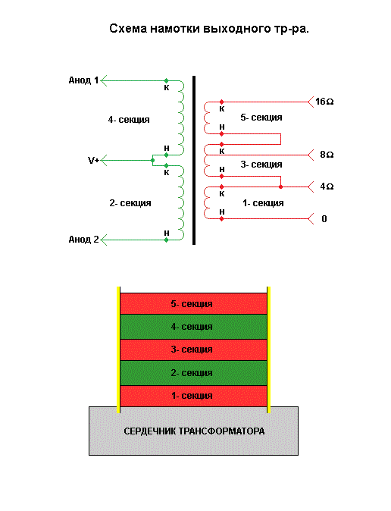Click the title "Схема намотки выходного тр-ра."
[209, 29]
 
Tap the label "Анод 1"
[83, 80]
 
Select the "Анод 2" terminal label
[83, 240]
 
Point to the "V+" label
[93, 160]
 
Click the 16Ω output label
[324, 102]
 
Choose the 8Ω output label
[327, 155]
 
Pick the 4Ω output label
[327, 187]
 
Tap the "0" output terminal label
[324, 218]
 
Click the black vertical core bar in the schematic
[194, 160]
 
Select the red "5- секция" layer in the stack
[193, 304]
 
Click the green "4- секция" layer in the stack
[193, 327]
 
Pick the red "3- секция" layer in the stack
[193, 350]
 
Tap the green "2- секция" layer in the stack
[193, 373]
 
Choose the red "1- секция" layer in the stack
[193, 396]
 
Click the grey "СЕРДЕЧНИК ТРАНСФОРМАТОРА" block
[193, 431]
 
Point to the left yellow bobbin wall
[118, 350]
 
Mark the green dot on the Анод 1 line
[166, 80]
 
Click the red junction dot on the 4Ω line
[280, 187]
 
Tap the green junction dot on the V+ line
[152, 160]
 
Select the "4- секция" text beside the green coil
[129, 120]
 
